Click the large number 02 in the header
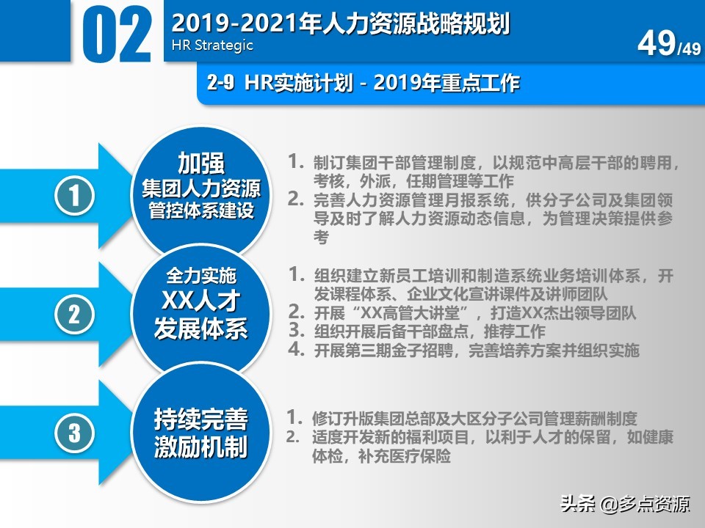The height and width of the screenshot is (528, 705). click(x=117, y=35)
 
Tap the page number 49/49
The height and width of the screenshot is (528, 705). click(x=668, y=45)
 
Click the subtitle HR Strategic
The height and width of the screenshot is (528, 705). click(x=212, y=45)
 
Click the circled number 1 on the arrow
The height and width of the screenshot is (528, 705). click(x=75, y=196)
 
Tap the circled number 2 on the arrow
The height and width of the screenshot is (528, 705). click(x=75, y=314)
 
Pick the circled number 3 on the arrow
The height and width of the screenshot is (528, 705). click(x=75, y=432)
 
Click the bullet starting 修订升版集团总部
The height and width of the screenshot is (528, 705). click(x=474, y=419)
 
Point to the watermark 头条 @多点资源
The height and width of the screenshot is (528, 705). click(x=625, y=505)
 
